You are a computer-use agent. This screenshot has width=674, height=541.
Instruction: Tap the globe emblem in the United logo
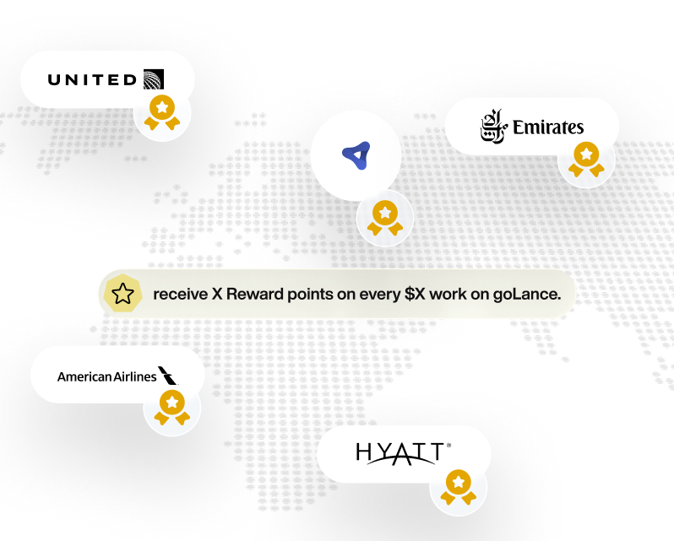click(x=154, y=79)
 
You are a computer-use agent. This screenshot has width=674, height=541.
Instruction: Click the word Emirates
click(x=548, y=127)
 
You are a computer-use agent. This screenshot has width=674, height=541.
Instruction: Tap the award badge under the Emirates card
click(x=585, y=160)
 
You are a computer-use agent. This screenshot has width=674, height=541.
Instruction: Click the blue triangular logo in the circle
click(x=356, y=155)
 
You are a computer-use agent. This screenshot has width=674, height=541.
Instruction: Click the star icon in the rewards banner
click(x=123, y=294)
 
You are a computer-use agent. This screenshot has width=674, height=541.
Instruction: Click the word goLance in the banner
click(x=525, y=295)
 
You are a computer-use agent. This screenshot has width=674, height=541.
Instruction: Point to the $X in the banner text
click(x=410, y=295)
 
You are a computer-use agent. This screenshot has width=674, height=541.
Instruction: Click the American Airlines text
click(x=107, y=376)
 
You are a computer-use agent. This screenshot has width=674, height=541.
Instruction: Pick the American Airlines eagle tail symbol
click(x=169, y=375)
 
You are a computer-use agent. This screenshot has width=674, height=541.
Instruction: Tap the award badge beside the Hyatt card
click(x=458, y=487)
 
